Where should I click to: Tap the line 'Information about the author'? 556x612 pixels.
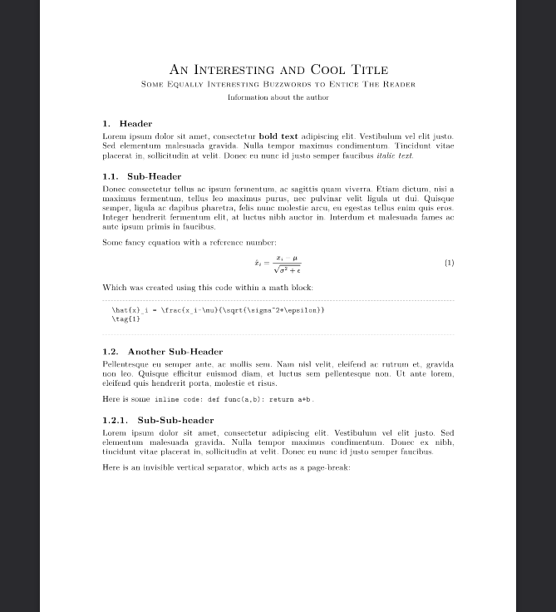point(278,97)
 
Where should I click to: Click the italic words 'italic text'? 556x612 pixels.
point(394,155)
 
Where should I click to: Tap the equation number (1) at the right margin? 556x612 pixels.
point(449,263)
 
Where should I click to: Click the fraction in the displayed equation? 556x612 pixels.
point(288,264)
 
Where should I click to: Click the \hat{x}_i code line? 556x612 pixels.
point(218,310)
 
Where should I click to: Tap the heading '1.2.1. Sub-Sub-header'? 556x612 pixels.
point(158,421)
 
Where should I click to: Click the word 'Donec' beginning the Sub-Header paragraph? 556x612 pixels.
point(114,189)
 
